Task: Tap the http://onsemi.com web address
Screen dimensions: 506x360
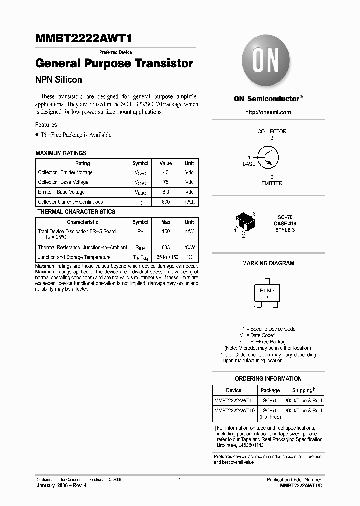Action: pyautogui.click(x=268, y=112)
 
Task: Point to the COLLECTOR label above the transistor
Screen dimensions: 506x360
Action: pyautogui.click(x=272, y=131)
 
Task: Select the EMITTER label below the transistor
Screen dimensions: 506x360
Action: pyautogui.click(x=272, y=183)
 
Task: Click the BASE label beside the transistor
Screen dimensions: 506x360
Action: pyautogui.click(x=249, y=164)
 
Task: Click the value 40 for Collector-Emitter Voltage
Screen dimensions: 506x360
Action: pyautogui.click(x=166, y=173)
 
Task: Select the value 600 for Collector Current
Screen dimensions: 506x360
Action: pyautogui.click(x=166, y=202)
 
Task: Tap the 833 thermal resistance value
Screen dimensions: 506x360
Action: pyautogui.click(x=166, y=248)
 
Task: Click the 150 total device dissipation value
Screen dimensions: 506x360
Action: pyautogui.click(x=166, y=232)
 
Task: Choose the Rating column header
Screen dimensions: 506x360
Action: pyautogui.click(x=82, y=163)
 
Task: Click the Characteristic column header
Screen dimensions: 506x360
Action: pyautogui.click(x=82, y=222)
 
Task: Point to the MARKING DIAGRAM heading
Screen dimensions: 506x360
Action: pyautogui.click(x=268, y=263)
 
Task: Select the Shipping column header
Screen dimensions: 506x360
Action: pyautogui.click(x=303, y=390)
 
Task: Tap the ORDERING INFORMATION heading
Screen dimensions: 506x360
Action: pyautogui.click(x=268, y=379)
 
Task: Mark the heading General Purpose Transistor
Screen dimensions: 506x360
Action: pyautogui.click(x=114, y=64)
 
